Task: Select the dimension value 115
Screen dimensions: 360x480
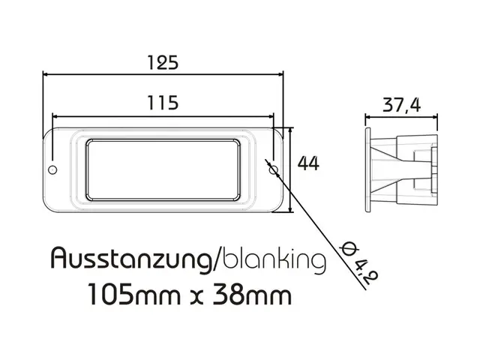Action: (163, 103)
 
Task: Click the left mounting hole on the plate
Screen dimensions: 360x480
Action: (52, 169)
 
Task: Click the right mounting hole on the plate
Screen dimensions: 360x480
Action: (274, 169)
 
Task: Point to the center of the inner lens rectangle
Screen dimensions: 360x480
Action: (163, 169)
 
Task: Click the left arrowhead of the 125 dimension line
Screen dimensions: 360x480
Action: (46, 74)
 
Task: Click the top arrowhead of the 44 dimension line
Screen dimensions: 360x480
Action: (290, 130)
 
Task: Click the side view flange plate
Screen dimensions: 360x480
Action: (367, 169)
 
